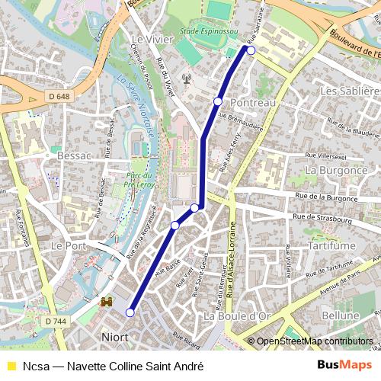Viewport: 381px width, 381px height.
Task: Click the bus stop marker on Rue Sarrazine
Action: coord(251,50)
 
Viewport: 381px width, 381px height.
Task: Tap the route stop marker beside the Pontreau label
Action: coord(218,101)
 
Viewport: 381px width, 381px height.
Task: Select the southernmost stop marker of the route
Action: coord(130,312)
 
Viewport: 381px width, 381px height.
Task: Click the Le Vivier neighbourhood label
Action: coord(148,40)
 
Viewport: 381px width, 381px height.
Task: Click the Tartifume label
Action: coord(333,248)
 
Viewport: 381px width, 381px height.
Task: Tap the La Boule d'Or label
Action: coord(237,315)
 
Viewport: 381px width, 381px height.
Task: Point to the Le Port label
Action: coord(67,248)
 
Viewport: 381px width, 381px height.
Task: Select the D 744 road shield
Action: coord(55,322)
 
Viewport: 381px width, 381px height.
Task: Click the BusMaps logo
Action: coord(345,365)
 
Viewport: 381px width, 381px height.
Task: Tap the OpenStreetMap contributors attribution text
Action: coord(314,341)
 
